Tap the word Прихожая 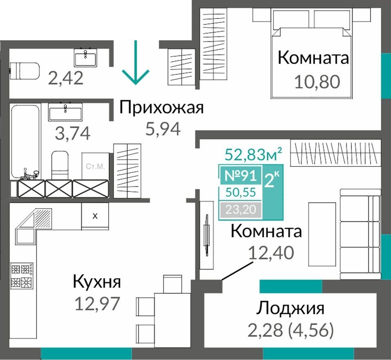coord(161,109)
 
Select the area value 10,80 coord(317,82)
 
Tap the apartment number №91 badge coord(241,176)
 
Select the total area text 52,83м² coord(254,155)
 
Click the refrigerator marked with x coord(95,216)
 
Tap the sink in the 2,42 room coord(86,57)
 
